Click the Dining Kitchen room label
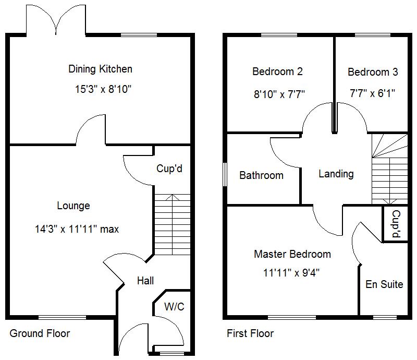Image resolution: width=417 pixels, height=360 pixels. pos(101,69)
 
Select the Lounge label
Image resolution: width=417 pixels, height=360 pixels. pos(73,206)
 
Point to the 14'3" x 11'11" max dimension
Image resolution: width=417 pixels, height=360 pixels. pos(77,229)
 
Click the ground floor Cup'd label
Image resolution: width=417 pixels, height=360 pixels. pos(169,169)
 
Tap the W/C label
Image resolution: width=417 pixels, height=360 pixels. pos(174,307)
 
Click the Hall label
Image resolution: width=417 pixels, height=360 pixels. pos(145,281)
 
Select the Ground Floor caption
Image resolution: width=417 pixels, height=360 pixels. pos(40,333)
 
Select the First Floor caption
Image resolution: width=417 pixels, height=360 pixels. pos(250,333)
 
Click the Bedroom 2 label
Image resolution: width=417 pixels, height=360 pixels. pos(277,71)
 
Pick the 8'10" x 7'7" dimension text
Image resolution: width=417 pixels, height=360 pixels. pos(279,94)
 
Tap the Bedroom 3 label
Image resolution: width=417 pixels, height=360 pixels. pos(373,72)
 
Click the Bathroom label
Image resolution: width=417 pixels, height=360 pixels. pos(261,175)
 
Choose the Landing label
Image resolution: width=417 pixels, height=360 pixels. pos(336,174)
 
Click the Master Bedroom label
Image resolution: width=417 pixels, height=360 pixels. pos(292,254)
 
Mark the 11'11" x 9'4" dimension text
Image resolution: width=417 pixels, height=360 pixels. pos(292,272)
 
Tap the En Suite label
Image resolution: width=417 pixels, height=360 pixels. pos(384,284)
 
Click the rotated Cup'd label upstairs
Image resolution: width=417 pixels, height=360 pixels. pos(395,224)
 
